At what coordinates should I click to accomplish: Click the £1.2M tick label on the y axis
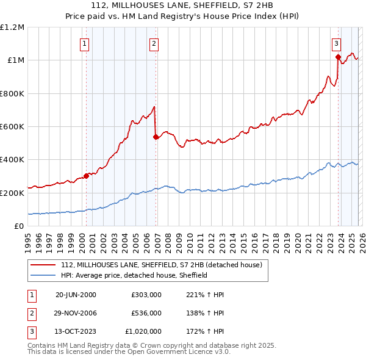point(12,27)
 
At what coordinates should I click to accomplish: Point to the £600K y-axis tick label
point(12,127)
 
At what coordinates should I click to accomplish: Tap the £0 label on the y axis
point(20,226)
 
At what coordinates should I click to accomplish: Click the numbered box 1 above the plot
point(84,43)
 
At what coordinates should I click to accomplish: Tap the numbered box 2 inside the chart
point(154,43)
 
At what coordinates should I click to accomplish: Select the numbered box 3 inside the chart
point(336,43)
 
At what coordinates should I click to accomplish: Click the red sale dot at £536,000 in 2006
point(156,137)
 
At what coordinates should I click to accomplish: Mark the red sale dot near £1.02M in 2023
point(338,57)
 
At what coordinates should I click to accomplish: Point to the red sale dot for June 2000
point(86,176)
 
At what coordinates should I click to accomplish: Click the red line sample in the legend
point(43,265)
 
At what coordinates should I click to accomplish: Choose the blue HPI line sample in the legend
point(43,275)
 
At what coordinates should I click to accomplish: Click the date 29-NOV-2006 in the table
point(76,312)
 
